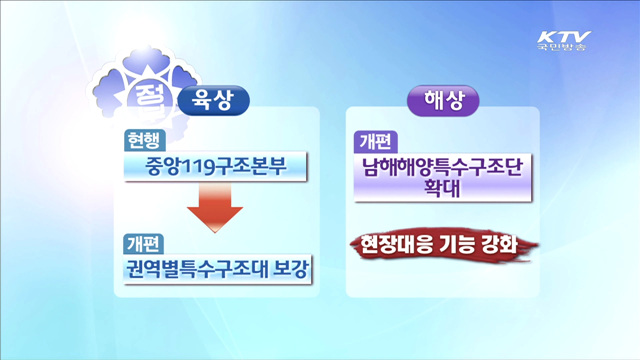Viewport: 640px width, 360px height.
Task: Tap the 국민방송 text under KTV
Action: coord(563,44)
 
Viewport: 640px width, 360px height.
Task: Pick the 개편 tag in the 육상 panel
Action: coord(144,242)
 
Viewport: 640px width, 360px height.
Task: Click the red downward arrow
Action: coord(216,205)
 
